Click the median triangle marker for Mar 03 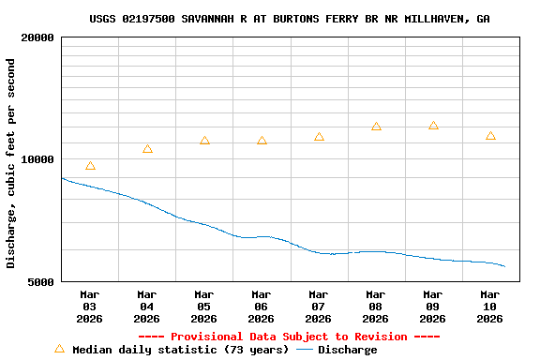[90, 166]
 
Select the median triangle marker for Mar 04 [147, 149]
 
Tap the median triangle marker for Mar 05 [204, 141]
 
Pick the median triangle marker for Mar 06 [262, 141]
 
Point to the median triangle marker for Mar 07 [319, 137]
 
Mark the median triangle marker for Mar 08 [376, 127]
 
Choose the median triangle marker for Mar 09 [433, 126]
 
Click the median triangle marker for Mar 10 [490, 136]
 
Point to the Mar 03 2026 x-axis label [90, 307]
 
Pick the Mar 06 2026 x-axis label [262, 307]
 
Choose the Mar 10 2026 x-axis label [490, 307]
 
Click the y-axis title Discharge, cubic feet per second [11, 163]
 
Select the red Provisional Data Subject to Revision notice [289, 337]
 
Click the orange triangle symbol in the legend [59, 349]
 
